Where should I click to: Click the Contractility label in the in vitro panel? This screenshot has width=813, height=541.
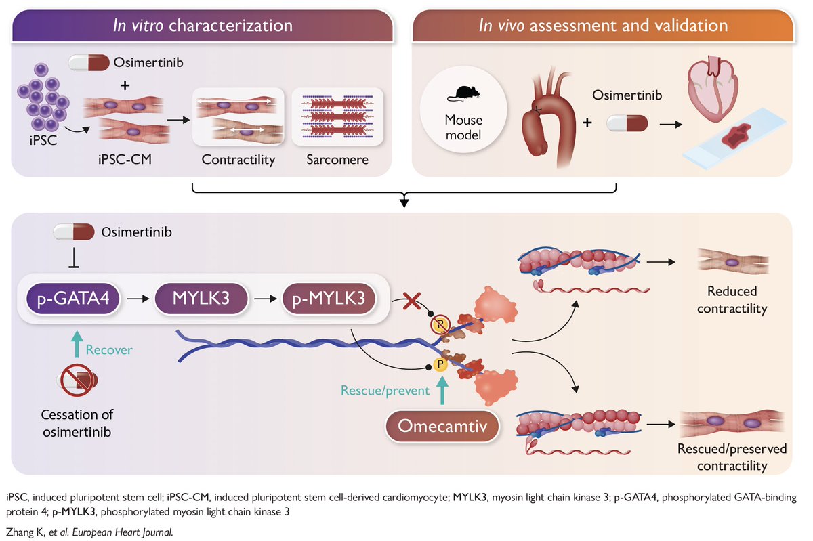238,160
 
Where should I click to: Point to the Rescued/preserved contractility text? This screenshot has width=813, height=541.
732,457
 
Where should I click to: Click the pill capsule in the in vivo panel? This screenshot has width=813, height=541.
627,123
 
